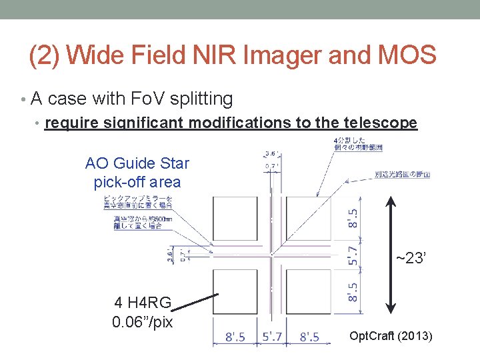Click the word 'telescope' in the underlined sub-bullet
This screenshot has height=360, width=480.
coord(380,123)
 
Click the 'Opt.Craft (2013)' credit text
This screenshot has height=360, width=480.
coord(391,336)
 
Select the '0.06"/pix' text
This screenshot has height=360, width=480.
coord(143,322)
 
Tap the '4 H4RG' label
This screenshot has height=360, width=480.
coord(143,303)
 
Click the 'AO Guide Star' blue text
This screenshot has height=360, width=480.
coord(137,163)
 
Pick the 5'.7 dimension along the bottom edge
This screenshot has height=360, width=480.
coord(272,337)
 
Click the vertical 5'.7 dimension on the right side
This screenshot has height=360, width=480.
coord(354,255)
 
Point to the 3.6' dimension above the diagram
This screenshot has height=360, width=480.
coord(271,153)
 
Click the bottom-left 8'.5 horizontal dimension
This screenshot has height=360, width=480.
coord(234,337)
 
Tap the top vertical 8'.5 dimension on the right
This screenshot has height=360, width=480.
coord(354,217)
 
